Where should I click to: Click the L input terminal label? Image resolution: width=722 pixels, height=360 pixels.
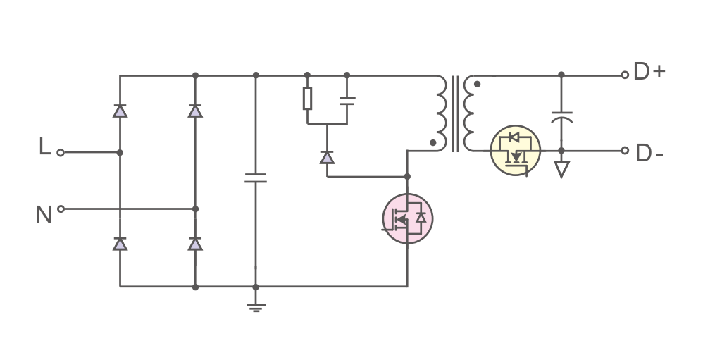[44, 146]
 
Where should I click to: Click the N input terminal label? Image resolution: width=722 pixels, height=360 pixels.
[44, 215]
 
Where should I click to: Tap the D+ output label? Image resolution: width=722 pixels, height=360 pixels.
[649, 71]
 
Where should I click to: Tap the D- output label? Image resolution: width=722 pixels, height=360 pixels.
[649, 154]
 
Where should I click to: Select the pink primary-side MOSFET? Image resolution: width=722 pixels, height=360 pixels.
[408, 218]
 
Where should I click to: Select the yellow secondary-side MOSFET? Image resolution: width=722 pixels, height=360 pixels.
[515, 151]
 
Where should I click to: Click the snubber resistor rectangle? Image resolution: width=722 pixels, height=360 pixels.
[307, 98]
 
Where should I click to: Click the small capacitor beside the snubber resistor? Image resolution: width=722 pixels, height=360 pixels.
[347, 101]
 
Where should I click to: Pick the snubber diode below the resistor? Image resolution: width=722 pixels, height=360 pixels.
[327, 157]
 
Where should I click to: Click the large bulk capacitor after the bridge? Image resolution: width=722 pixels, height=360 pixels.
[256, 178]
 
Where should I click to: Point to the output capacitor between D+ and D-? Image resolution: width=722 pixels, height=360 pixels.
[561, 118]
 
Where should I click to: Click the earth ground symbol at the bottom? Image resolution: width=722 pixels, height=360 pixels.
[256, 308]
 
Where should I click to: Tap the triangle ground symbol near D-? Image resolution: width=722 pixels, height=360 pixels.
[561, 169]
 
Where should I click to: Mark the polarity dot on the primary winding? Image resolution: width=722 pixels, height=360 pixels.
[432, 143]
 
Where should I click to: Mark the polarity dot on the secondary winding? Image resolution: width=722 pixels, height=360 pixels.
[477, 85]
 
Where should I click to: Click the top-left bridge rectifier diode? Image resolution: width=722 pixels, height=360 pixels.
[120, 111]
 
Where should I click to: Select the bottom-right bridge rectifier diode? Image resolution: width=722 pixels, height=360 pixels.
[195, 244]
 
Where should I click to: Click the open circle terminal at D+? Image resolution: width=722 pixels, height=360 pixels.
[625, 75]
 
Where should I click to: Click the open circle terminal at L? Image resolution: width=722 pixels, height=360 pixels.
[61, 152]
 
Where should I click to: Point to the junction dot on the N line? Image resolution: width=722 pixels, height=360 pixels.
[195, 209]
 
